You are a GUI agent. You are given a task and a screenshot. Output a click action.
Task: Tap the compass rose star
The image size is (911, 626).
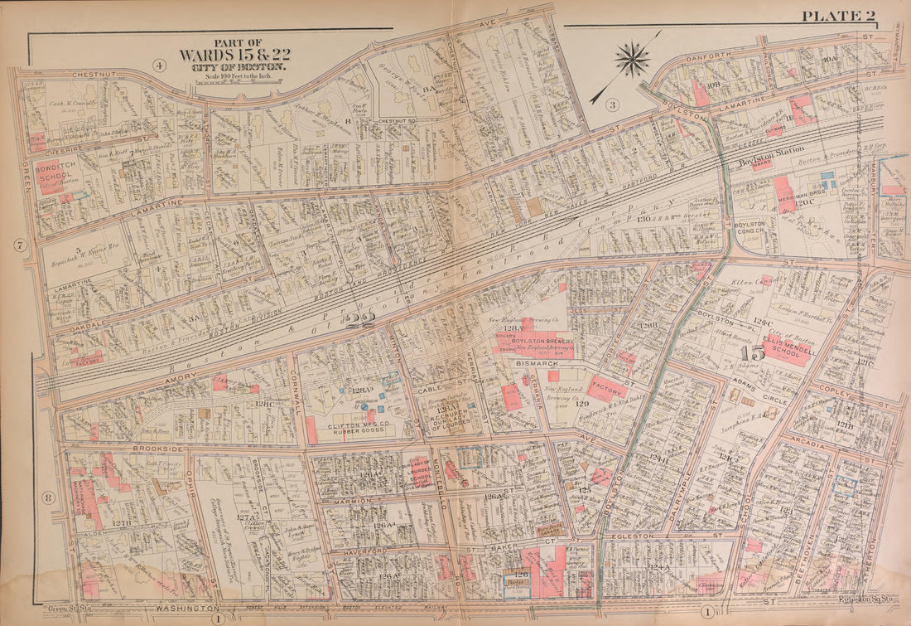[632, 60]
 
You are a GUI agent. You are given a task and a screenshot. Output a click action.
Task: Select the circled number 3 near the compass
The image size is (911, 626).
[612, 104]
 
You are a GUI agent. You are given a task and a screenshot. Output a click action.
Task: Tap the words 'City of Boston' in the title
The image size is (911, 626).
[238, 66]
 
